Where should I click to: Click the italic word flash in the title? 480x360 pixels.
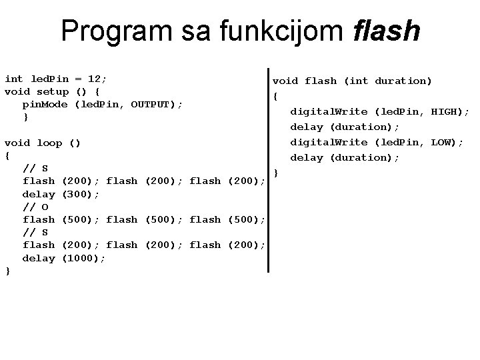[x=387, y=31]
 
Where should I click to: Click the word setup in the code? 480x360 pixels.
[x=53, y=91]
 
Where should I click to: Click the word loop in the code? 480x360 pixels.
[x=49, y=143]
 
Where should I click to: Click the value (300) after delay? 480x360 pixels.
[x=81, y=194]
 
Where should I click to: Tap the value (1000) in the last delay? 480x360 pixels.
[x=83, y=258]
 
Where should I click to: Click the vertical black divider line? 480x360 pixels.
[x=268, y=170]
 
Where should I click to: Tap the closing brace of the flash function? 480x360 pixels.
[x=276, y=173]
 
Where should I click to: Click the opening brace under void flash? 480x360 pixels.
[x=275, y=96]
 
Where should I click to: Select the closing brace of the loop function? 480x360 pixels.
[x=7, y=271]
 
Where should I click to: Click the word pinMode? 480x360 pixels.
[x=46, y=104]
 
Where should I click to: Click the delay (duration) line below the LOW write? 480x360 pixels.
[x=344, y=157]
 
